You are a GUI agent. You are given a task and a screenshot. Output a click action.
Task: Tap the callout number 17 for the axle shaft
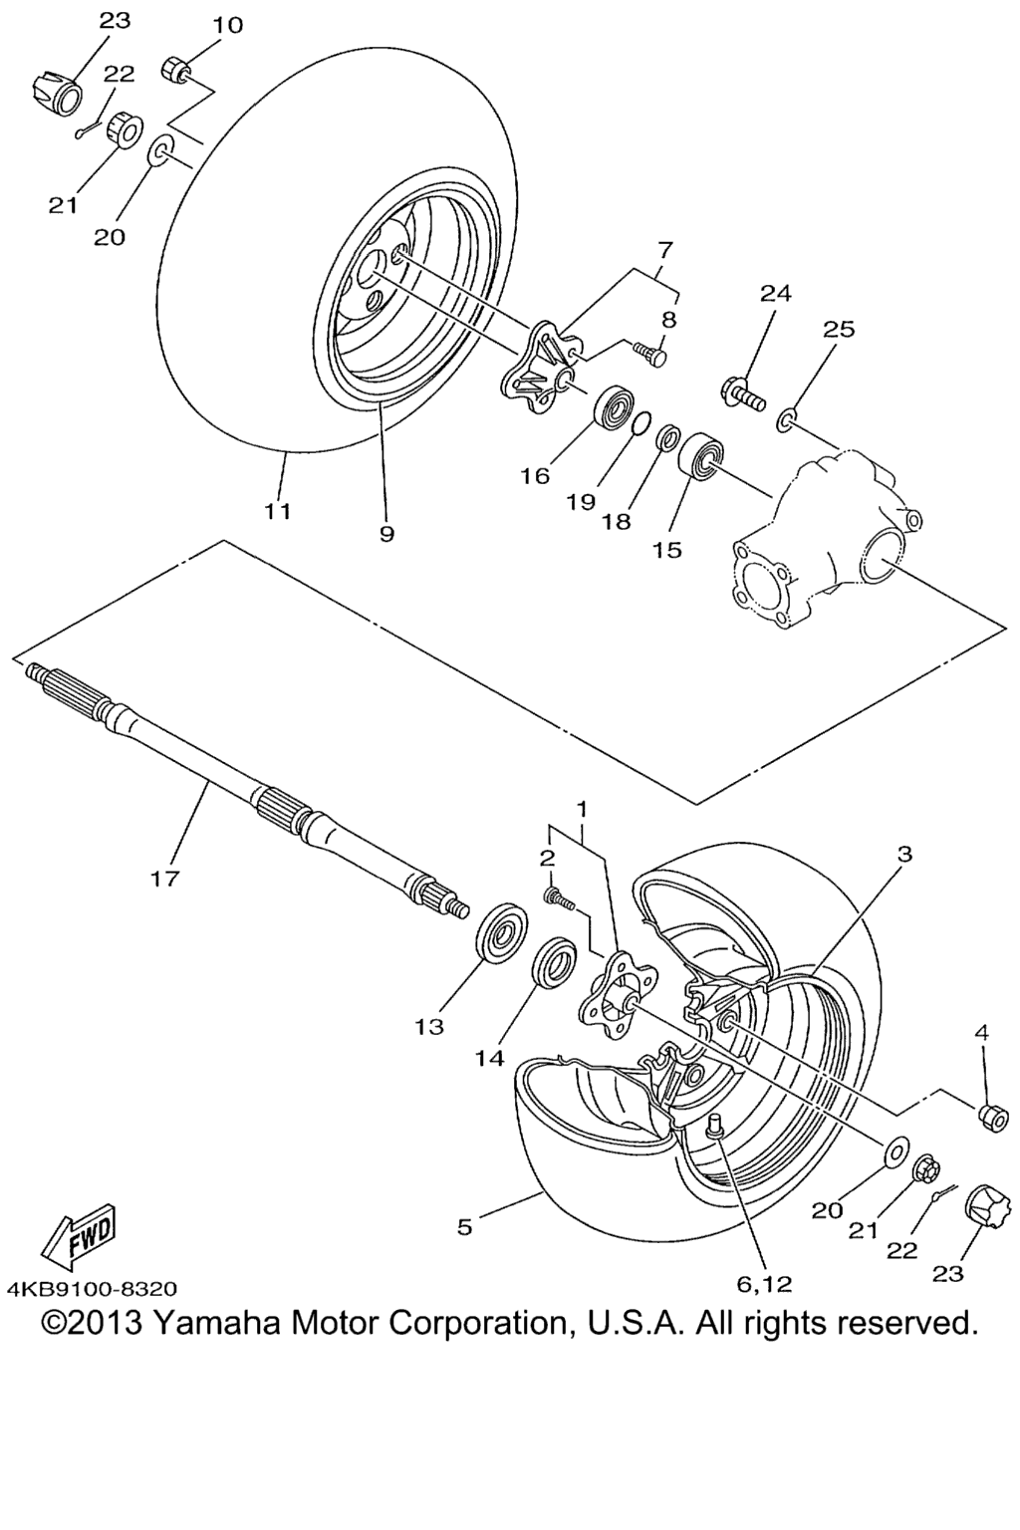[x=164, y=879]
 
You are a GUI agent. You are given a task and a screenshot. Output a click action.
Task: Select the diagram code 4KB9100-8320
[x=93, y=1289]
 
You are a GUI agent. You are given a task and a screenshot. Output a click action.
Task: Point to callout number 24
[x=775, y=294]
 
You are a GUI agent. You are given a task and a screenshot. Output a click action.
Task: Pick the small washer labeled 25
[x=786, y=419]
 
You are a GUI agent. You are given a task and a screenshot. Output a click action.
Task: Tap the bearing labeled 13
[x=502, y=931]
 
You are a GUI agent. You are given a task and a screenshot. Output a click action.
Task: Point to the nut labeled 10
[x=176, y=69]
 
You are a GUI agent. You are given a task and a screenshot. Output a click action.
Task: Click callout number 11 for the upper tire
[x=278, y=512]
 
